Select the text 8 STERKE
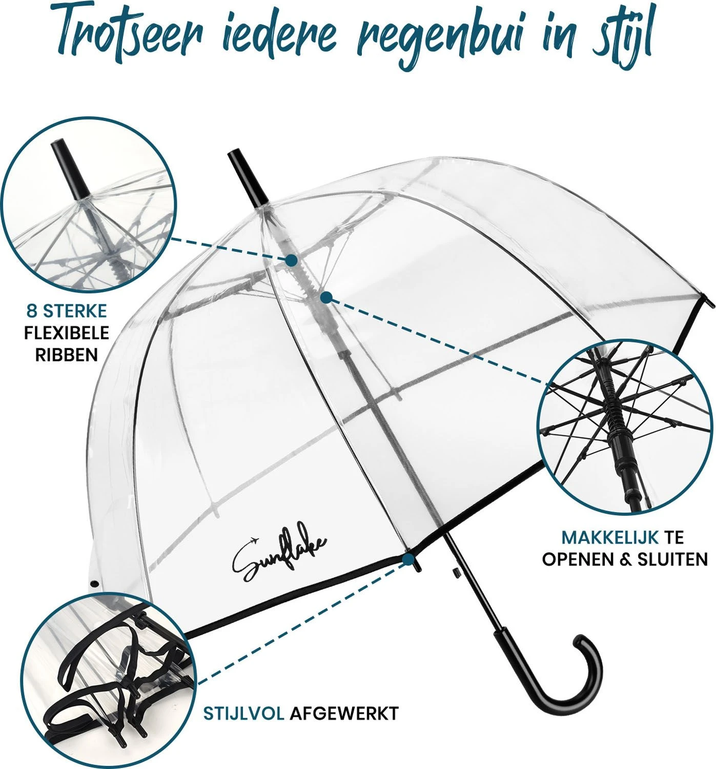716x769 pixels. point(67,311)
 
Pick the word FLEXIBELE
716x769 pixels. point(67,333)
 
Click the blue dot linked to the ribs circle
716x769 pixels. point(291,260)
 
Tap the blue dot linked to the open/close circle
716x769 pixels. point(326,297)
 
